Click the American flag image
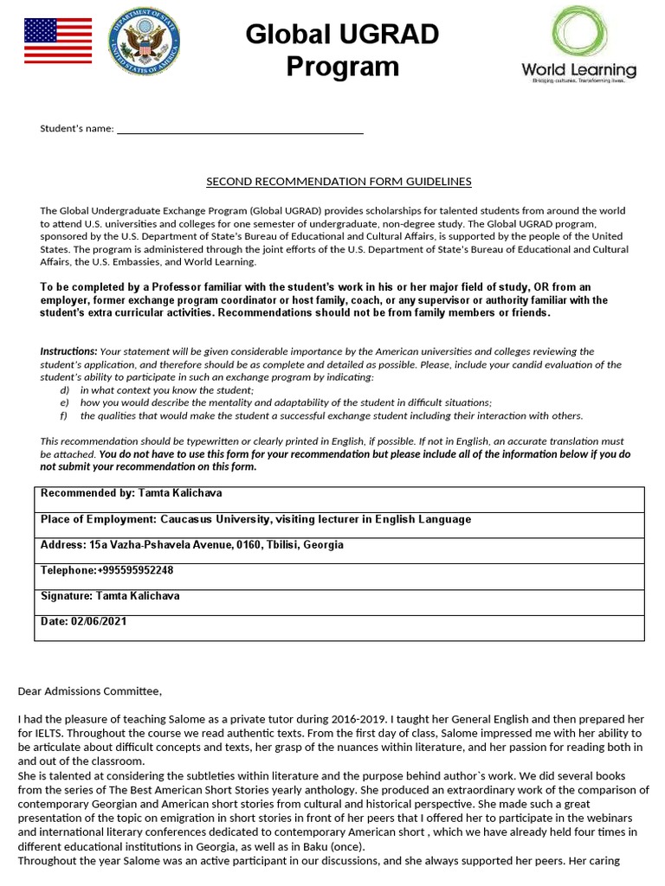pos(57,41)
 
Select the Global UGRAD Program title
pos(342,50)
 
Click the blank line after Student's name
pos(240,129)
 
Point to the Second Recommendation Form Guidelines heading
pos(339,182)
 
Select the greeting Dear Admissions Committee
pos(89,690)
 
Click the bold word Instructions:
pos(68,351)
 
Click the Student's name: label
pos(77,129)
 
